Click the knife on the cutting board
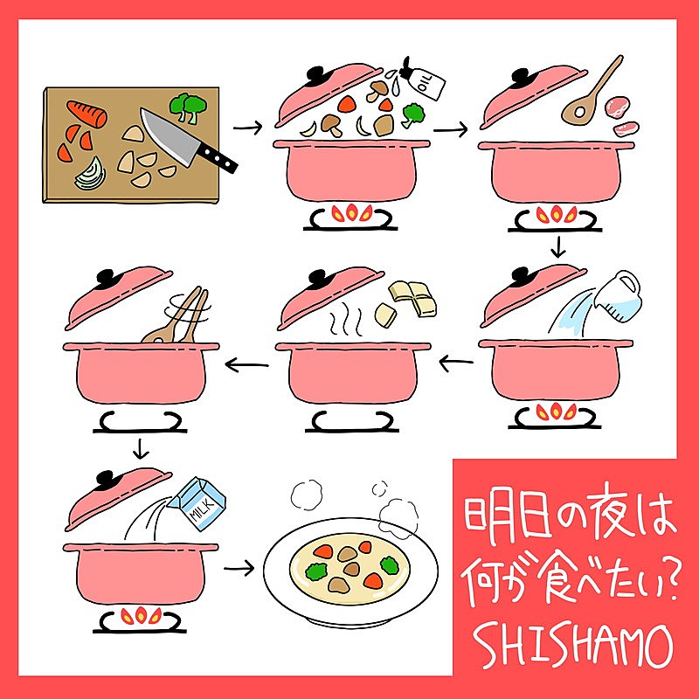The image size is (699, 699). click(187, 141)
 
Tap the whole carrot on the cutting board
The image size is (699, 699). click(87, 114)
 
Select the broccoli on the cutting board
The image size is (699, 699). click(188, 107)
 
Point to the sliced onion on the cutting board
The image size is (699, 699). click(91, 174)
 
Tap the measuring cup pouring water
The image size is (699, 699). click(619, 295)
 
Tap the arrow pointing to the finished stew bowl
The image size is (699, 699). click(239, 568)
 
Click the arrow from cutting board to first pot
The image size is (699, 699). click(248, 128)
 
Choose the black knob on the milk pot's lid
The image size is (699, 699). click(106, 478)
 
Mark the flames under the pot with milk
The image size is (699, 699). click(141, 615)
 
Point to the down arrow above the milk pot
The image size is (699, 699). click(141, 449)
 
